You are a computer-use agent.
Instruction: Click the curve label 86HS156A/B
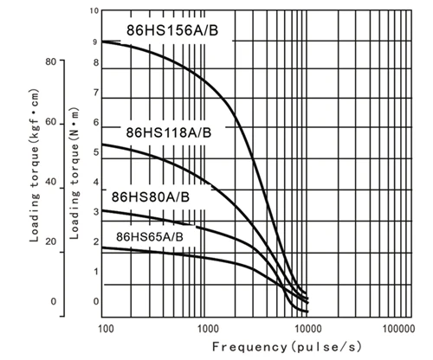tap(172, 30)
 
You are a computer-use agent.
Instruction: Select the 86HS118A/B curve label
tap(169, 132)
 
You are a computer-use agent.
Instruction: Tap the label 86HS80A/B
tap(151, 197)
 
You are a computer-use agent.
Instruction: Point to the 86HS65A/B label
tap(150, 237)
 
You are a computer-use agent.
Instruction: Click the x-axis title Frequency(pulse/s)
tap(287, 347)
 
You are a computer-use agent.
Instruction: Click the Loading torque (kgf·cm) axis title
tap(35, 165)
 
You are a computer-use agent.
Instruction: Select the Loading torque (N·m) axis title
tap(74, 173)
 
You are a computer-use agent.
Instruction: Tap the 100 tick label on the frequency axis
tap(107, 329)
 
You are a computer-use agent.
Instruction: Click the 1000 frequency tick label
tap(206, 329)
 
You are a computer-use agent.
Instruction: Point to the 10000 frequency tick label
tap(308, 329)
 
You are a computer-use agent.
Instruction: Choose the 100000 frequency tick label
tap(399, 329)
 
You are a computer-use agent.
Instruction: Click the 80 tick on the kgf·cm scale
tap(51, 61)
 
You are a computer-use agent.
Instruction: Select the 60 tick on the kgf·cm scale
tap(51, 122)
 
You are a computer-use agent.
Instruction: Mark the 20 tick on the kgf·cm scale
tap(51, 241)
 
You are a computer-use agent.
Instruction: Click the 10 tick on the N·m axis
tap(94, 11)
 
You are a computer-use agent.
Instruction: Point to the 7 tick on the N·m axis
tap(96, 93)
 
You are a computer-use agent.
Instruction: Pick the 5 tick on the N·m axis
tap(96, 152)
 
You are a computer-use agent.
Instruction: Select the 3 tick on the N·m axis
tap(96, 212)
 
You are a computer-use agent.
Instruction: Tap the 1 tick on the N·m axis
tap(96, 272)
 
